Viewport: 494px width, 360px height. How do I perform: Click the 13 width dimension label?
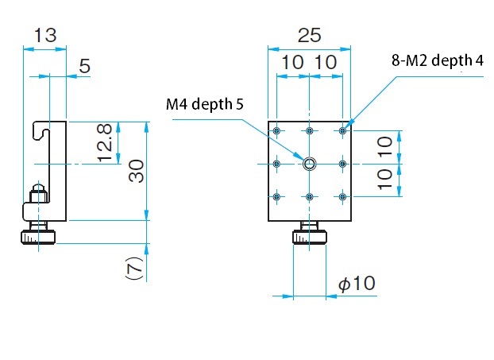(x=45, y=35)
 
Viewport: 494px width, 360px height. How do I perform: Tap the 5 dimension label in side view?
(x=84, y=66)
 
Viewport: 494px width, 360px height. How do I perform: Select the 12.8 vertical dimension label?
(x=105, y=143)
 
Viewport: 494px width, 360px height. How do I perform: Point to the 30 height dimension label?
(x=137, y=171)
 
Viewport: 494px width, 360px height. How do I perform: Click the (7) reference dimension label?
(x=136, y=268)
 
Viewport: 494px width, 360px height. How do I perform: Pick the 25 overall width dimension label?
(x=310, y=35)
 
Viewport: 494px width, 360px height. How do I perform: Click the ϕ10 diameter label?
(x=357, y=283)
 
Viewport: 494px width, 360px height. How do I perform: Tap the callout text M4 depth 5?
(x=205, y=104)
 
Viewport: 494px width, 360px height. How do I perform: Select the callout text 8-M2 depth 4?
(x=438, y=60)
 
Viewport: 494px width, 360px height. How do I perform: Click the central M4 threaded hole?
(x=310, y=164)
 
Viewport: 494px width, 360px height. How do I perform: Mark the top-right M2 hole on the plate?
(x=343, y=130)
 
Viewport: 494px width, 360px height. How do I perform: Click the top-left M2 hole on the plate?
(x=276, y=130)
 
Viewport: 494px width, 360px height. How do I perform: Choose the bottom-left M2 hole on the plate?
(x=276, y=197)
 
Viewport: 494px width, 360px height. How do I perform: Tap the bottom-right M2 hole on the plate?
(x=343, y=197)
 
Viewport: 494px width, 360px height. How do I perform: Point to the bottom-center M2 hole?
(x=310, y=197)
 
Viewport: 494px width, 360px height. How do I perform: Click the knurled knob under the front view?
(x=310, y=238)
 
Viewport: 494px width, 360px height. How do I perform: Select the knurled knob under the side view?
(x=38, y=238)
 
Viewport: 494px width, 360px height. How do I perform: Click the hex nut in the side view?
(x=38, y=196)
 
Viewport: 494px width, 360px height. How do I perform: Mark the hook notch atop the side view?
(x=41, y=131)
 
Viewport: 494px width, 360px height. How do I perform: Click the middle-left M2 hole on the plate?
(x=276, y=164)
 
